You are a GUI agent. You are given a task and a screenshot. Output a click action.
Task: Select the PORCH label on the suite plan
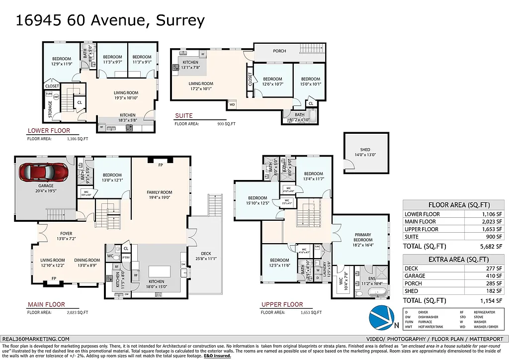pyautogui.click(x=279, y=51)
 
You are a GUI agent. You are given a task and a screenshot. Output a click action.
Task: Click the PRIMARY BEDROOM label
pyautogui.click(x=363, y=237)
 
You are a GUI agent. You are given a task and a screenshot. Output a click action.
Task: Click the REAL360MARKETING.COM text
pyautogui.click(x=36, y=339)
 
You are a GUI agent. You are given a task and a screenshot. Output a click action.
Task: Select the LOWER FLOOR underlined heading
pyautogui.click(x=48, y=131)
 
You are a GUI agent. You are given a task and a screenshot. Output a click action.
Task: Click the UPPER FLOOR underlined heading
pyautogui.click(x=282, y=304)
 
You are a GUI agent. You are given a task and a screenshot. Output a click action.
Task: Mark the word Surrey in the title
pyautogui.click(x=180, y=20)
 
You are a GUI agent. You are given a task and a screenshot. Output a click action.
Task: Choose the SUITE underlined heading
pyautogui.click(x=183, y=116)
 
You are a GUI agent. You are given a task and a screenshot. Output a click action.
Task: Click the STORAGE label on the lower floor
pyautogui.click(x=50, y=109)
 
